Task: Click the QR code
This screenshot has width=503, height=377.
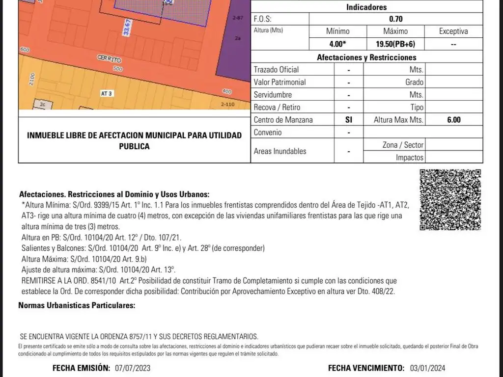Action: coord(450,200)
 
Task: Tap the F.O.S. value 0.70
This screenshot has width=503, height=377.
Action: coord(395,19)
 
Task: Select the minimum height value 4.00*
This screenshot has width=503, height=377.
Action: coord(337,44)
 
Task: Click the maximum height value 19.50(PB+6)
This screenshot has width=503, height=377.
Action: coord(395,44)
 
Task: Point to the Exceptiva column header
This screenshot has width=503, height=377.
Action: coord(453,31)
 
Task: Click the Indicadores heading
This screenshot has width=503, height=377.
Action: coord(366,7)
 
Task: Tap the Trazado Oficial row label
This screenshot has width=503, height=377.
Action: coord(276,70)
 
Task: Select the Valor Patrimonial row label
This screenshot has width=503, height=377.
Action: coord(279,82)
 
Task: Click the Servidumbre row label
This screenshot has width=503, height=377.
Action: coord(273,95)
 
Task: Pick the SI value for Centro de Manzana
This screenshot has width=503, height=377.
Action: coord(349,120)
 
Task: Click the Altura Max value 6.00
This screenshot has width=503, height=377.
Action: coord(453,120)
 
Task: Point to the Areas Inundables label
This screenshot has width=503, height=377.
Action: coord(279,151)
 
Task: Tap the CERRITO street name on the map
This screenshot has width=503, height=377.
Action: coord(109,59)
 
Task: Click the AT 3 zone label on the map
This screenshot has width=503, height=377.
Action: coord(107,93)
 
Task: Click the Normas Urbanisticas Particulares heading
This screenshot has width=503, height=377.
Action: coord(77,305)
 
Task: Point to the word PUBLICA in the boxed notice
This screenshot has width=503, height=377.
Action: coord(134,146)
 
